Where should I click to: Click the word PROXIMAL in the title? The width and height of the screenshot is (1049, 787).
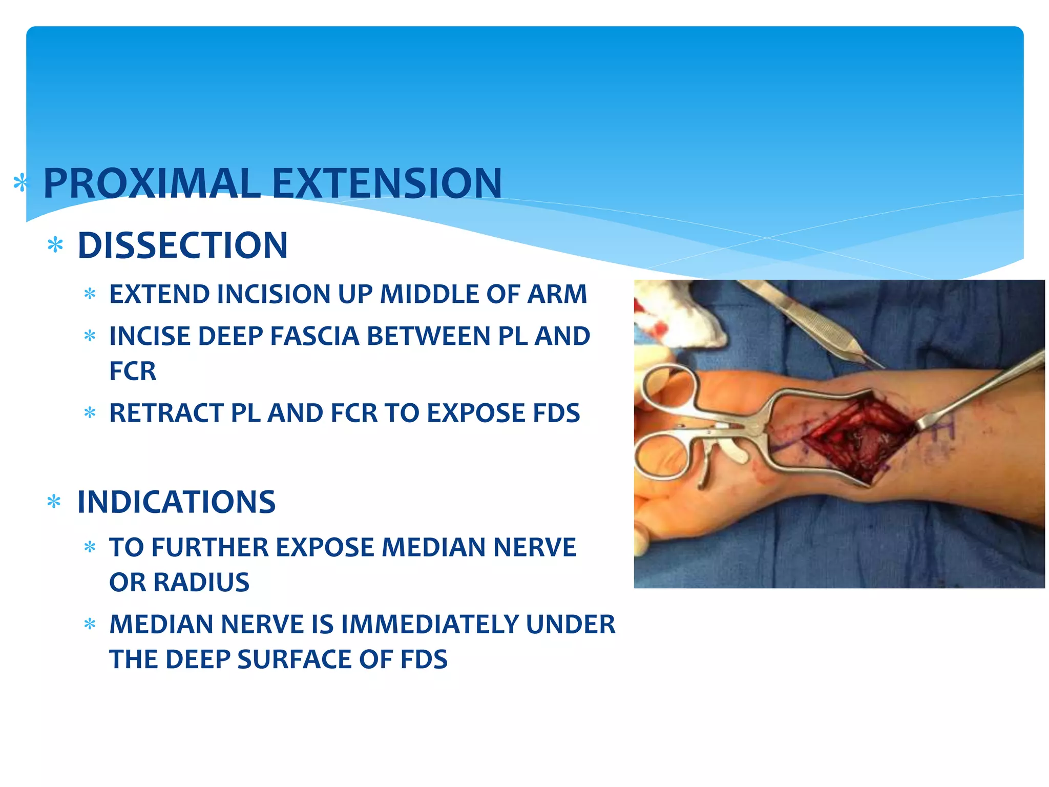tap(152, 183)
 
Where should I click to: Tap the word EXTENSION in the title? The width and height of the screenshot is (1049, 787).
tap(387, 183)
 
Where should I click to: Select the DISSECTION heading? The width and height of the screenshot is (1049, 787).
tap(182, 245)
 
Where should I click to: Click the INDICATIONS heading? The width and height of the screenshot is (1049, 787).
tap(176, 502)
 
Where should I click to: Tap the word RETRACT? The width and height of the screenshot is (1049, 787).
tap(166, 413)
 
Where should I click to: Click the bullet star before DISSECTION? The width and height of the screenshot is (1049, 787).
tap(55, 246)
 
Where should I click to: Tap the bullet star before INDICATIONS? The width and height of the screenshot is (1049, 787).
tap(54, 502)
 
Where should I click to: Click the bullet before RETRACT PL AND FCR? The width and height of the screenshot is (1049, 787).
tap(90, 413)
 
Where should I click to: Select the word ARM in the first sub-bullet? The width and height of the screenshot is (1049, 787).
tap(557, 295)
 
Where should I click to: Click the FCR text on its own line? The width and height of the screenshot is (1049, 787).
tap(133, 371)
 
